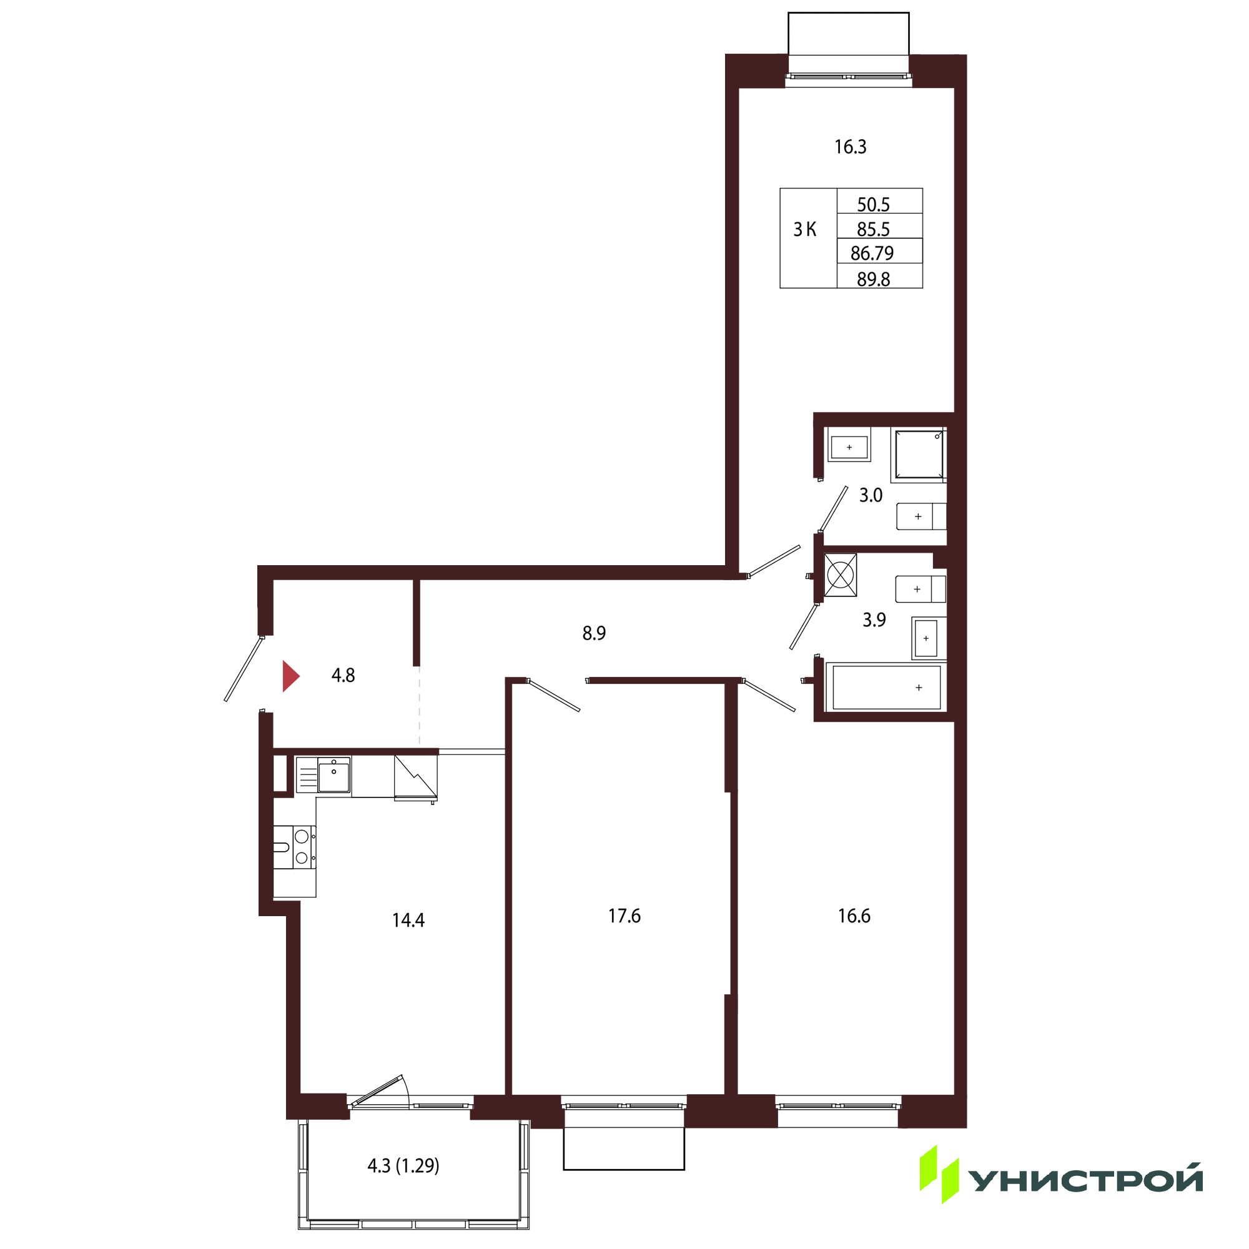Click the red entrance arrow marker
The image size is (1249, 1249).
pyautogui.click(x=290, y=676)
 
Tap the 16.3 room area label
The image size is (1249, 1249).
pyautogui.click(x=850, y=147)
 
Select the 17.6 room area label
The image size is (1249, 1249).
pyautogui.click(x=624, y=916)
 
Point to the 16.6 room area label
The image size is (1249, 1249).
pyautogui.click(x=854, y=916)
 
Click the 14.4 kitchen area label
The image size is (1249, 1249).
pyautogui.click(x=408, y=920)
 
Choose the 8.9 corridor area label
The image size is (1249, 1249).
pyautogui.click(x=593, y=633)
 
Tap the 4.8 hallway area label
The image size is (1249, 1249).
pyautogui.click(x=343, y=676)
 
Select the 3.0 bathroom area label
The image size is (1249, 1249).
pyautogui.click(x=870, y=495)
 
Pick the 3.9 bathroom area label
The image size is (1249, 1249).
pyautogui.click(x=874, y=620)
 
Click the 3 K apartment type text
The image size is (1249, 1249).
pyautogui.click(x=805, y=229)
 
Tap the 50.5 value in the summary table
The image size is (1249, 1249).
pyautogui.click(x=874, y=205)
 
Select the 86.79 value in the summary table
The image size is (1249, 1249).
pyautogui.click(x=872, y=254)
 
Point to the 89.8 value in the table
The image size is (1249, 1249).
pyautogui.click(x=874, y=279)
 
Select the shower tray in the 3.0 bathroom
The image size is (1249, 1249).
pyautogui.click(x=919, y=455)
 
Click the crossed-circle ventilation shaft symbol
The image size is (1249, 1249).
pyautogui.click(x=841, y=574)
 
